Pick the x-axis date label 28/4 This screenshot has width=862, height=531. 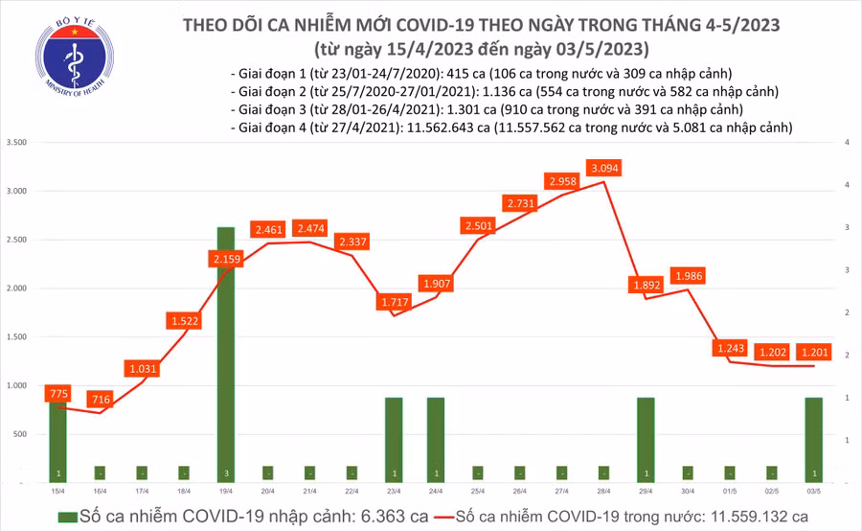click(x=603, y=491)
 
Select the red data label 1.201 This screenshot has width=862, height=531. click(x=813, y=352)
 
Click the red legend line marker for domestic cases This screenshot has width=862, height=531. click(x=441, y=517)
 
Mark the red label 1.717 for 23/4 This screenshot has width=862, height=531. click(x=394, y=303)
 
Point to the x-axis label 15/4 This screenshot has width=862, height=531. click(x=58, y=491)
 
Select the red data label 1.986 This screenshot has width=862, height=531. click(x=688, y=276)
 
